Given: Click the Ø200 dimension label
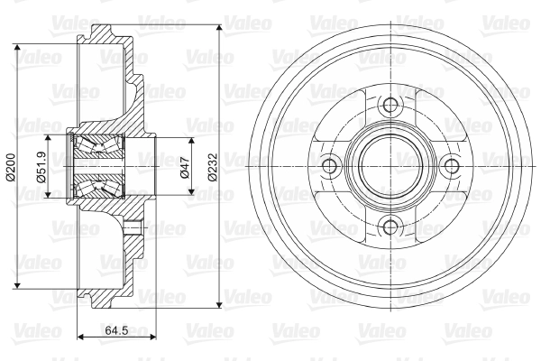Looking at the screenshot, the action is coord(11,167).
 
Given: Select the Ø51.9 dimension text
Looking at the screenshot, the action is coord(41,167).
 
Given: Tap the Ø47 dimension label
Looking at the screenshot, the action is coord(185,167).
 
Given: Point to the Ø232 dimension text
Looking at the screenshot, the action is coord(213,167).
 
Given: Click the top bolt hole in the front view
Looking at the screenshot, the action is coord(390,105).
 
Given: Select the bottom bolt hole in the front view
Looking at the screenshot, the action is coord(390,227).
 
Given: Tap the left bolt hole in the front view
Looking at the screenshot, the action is coord(329,166).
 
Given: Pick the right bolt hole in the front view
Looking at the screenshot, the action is coord(452,166).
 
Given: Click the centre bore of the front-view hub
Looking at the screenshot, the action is coord(390,166).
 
